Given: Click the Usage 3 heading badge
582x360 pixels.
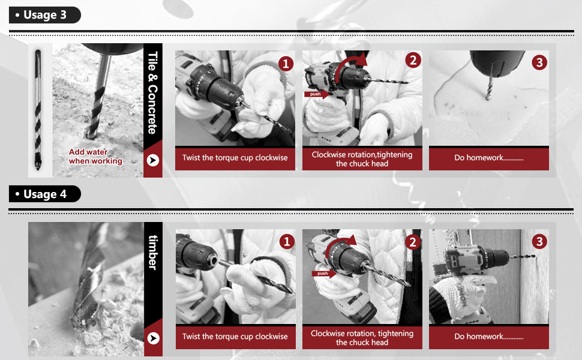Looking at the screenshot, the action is click(44, 15).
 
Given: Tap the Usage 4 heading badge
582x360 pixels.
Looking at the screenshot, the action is click(44, 194).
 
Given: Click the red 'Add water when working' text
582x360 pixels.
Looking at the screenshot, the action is click(95, 156).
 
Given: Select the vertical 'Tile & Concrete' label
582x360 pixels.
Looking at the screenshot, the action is click(153, 93).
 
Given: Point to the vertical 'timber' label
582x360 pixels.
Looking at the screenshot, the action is click(153, 253).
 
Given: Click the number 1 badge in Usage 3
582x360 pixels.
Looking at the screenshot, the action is click(286, 64).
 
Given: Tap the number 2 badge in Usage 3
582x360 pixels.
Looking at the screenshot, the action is click(413, 60).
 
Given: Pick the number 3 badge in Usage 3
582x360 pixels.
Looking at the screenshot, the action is click(539, 62).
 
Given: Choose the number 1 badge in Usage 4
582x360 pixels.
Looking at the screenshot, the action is click(287, 242).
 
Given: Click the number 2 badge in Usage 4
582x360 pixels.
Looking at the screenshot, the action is click(413, 242).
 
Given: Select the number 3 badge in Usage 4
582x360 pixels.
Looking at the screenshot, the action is click(539, 242).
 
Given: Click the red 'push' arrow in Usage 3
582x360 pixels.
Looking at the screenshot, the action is click(317, 94).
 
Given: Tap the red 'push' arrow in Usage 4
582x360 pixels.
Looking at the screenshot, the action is click(324, 274).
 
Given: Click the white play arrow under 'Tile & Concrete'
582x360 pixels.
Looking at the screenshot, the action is click(153, 160).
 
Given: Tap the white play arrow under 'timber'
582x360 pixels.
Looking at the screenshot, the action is click(153, 338).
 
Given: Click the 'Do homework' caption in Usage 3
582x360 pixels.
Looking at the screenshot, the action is click(489, 158).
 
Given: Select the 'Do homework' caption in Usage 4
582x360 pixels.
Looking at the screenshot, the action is click(489, 337).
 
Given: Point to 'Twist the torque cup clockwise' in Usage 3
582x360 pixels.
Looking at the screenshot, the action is click(235, 158).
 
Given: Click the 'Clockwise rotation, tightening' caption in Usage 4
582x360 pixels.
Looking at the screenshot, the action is click(362, 333).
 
